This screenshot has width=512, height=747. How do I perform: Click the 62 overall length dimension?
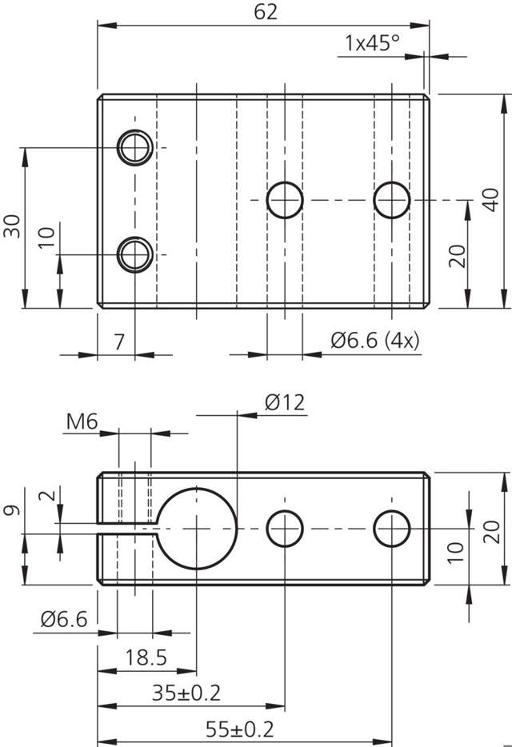tap(265, 13)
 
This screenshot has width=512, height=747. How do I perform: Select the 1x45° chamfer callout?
tap(372, 43)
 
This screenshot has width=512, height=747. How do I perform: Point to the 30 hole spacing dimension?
tap(11, 226)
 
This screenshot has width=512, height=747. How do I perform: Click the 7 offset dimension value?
tap(118, 342)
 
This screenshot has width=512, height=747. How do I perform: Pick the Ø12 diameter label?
tap(284, 402)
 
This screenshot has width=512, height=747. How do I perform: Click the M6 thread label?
tap(82, 420)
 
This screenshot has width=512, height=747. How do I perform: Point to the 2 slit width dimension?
tap(51, 496)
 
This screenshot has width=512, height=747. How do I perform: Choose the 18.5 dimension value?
tap(146, 658)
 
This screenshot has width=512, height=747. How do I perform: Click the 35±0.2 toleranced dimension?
tap(187, 693)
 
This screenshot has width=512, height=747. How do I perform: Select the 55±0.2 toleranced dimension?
tap(240, 729)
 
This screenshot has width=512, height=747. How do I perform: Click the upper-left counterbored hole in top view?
tap(135, 147)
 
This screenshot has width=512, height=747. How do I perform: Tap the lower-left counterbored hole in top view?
tap(135, 255)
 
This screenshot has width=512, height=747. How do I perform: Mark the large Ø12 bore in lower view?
tap(198, 529)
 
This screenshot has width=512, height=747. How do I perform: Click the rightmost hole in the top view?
tap(392, 199)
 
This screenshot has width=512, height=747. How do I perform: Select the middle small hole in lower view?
tap(285, 529)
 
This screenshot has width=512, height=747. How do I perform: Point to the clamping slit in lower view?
tap(128, 527)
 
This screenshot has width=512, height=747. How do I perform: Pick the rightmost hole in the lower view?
tap(392, 529)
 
